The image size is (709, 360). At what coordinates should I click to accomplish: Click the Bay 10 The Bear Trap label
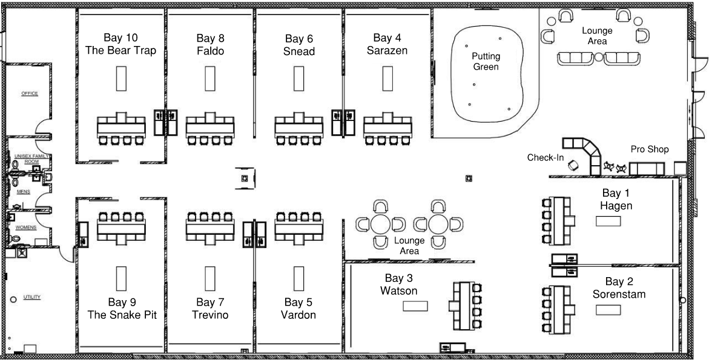(120, 45)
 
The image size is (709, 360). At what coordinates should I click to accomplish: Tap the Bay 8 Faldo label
(210, 45)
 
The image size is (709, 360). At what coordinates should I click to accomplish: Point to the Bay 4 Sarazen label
(387, 45)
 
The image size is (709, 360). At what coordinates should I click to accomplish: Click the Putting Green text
(486, 62)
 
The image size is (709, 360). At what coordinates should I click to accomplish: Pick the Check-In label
(546, 158)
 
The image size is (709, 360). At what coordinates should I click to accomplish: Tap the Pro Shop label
(650, 149)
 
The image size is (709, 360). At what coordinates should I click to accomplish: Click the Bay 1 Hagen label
(616, 200)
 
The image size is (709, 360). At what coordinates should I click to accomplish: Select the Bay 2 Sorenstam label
(619, 288)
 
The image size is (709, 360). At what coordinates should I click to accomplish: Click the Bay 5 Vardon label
(298, 309)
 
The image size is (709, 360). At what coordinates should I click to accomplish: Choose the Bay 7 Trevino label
(210, 309)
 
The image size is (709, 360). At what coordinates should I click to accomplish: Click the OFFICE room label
(30, 94)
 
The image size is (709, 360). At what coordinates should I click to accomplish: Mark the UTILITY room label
(31, 298)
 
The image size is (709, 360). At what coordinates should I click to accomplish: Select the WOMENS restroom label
(27, 227)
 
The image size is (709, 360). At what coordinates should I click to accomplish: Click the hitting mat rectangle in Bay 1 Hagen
(608, 221)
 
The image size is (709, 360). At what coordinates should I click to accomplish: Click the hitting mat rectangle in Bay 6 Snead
(298, 78)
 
